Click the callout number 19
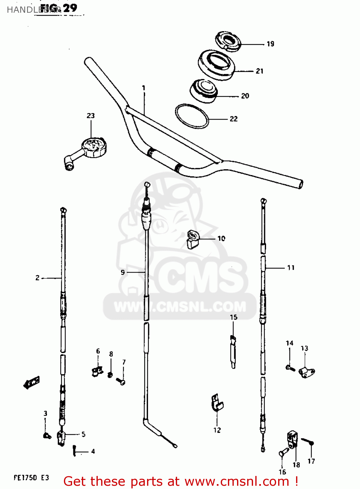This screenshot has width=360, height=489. point(270,44)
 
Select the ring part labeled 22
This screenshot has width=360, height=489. point(192,116)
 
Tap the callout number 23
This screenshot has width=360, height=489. point(91,115)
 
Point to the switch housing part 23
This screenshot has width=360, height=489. point(91,148)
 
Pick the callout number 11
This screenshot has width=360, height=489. point(291,268)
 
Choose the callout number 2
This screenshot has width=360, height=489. point(37,278)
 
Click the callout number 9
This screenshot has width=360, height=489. point(123,272)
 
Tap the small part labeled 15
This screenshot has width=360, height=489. point(233,350)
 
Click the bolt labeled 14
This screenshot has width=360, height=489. point(290,368)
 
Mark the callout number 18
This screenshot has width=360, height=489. point(296,465)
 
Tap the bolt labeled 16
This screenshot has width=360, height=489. point(283,452)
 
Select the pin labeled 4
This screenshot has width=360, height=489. point(75,451)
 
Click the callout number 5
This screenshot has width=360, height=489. point(83,434)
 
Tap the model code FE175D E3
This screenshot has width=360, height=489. point(31,478)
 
